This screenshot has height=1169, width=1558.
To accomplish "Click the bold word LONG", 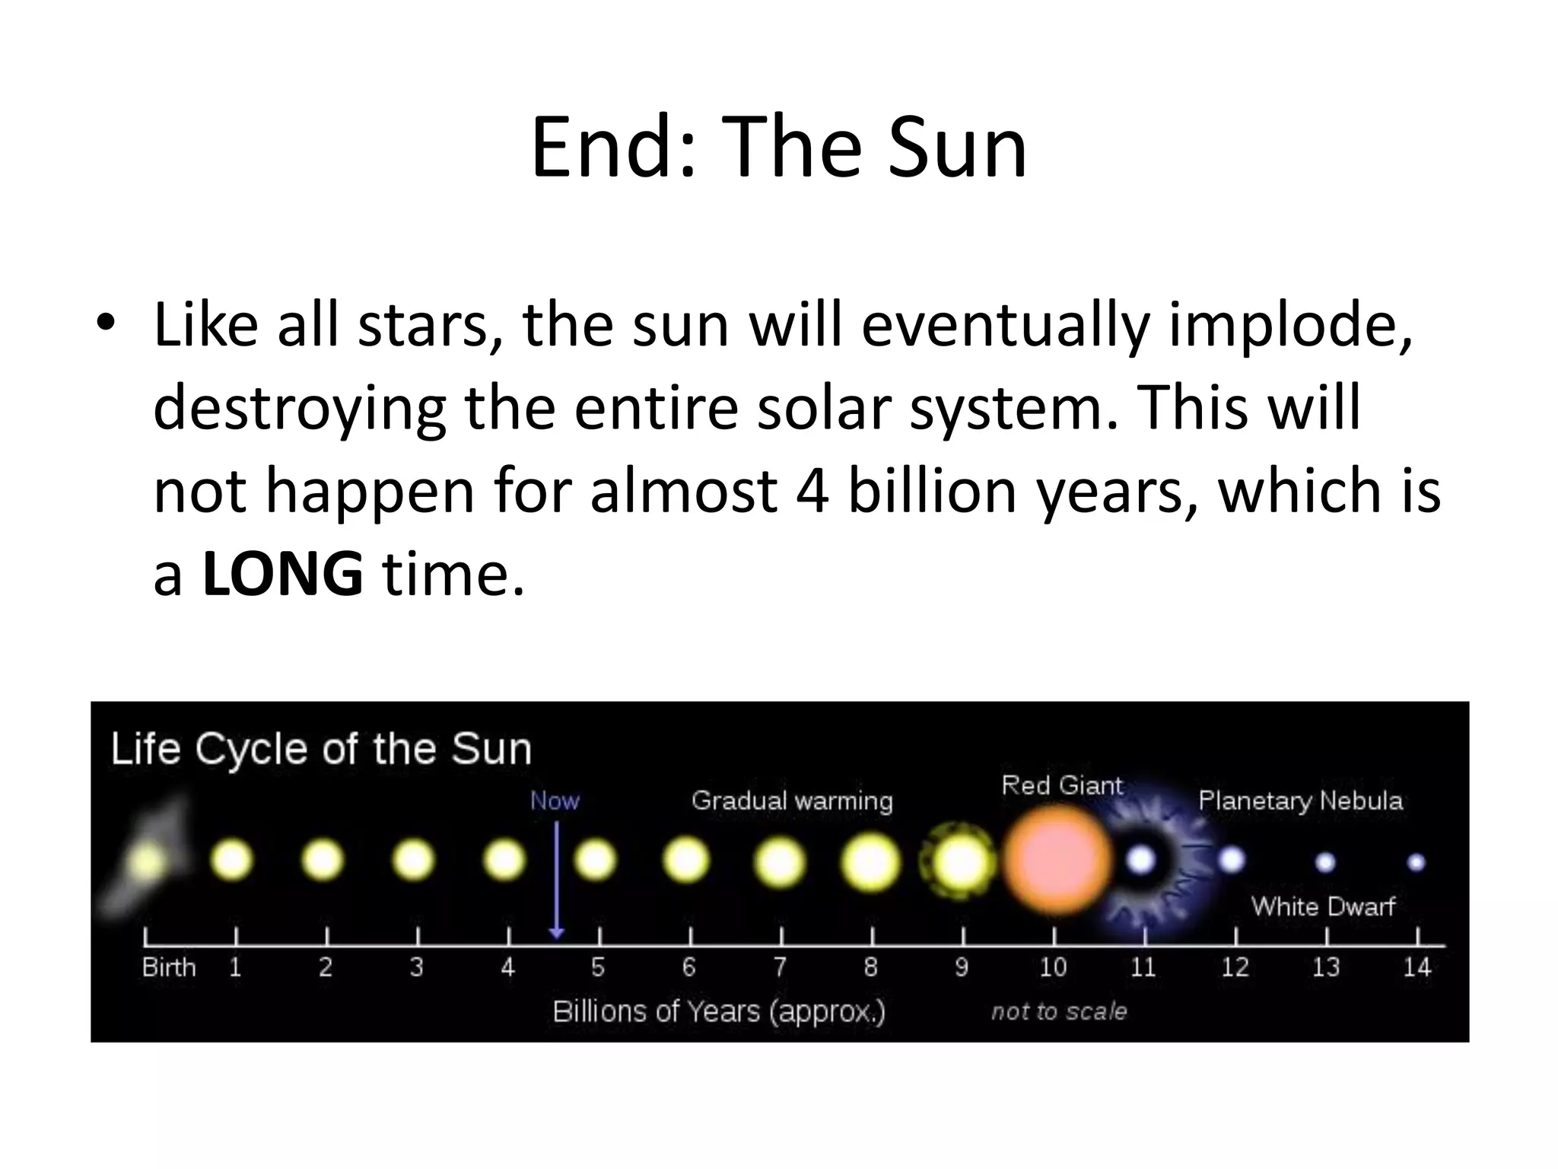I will (x=282, y=574).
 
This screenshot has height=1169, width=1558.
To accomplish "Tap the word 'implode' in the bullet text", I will (x=1287, y=326).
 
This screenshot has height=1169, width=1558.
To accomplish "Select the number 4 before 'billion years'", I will (x=812, y=490).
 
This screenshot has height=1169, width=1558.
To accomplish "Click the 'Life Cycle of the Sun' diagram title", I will (x=321, y=749).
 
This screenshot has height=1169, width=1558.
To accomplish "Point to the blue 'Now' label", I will (x=555, y=801).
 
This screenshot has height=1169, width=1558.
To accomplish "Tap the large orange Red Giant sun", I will (x=1056, y=860).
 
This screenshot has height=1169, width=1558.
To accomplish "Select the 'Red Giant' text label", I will (x=1062, y=785).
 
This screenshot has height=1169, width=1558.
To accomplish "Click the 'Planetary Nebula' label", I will (x=1300, y=801).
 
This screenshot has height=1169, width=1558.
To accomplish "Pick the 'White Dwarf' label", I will (x=1323, y=906).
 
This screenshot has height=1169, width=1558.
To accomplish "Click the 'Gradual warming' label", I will (x=792, y=801).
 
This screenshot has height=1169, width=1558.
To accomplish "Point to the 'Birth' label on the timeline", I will (x=169, y=967).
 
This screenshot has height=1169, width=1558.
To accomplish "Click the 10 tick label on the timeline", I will (x=1053, y=967).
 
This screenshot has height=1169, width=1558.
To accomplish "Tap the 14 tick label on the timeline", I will (x=1417, y=967).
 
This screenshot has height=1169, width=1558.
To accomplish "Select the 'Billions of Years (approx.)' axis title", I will (x=719, y=1011).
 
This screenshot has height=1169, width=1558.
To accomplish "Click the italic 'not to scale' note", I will (x=1059, y=1011).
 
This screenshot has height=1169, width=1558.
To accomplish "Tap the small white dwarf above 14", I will (x=1416, y=862).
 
